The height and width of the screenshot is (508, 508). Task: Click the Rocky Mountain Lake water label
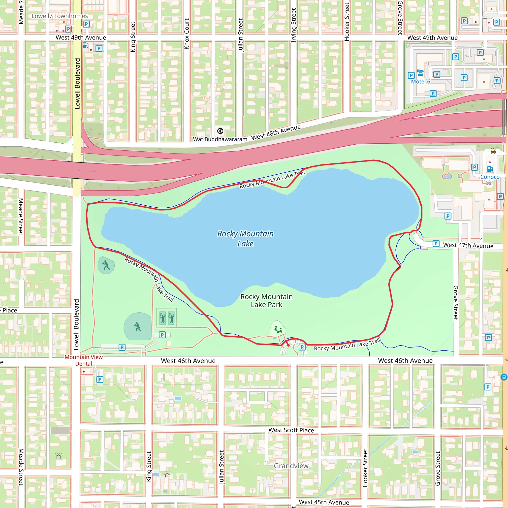[245, 238]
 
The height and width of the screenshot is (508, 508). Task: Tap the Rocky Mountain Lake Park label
[266, 301]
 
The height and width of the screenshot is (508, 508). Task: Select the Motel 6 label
[420, 82]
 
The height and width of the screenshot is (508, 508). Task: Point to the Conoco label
[490, 177]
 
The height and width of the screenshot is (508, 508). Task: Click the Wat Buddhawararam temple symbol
[220, 131]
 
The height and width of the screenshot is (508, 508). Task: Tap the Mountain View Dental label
[84, 360]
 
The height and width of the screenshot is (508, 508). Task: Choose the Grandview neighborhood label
[291, 466]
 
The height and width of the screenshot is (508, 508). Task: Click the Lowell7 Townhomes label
[60, 16]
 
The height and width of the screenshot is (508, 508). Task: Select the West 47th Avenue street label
[468, 245]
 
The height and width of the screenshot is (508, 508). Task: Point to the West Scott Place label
[291, 430]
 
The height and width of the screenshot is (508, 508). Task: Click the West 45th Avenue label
[324, 502]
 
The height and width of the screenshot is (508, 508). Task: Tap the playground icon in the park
[278, 329]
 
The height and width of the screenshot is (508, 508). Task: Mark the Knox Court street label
[187, 34]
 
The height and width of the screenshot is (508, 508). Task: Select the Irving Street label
[294, 25]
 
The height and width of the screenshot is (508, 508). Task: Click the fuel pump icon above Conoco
[490, 169]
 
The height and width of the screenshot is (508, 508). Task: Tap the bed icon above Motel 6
[421, 73]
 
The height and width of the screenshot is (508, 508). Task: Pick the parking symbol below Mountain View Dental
[100, 380]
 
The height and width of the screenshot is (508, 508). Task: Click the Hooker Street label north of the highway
[347, 22]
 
